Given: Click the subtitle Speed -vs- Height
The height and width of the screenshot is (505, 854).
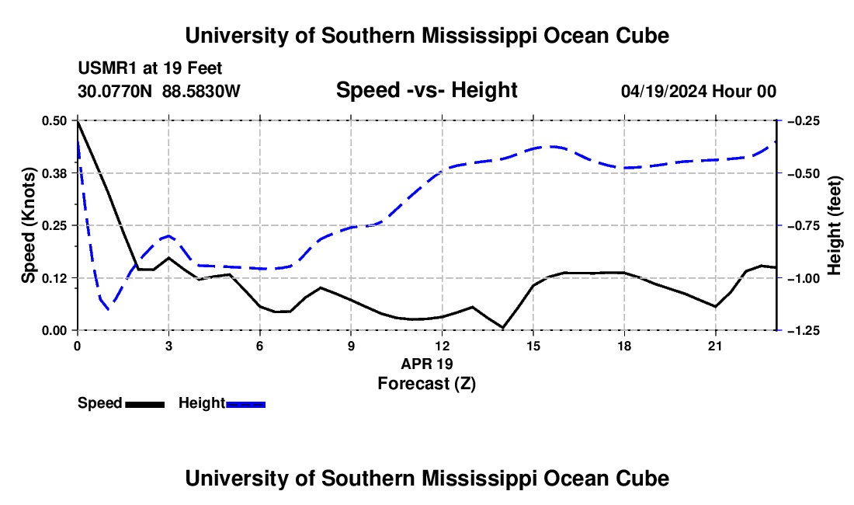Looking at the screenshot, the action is coord(426,90).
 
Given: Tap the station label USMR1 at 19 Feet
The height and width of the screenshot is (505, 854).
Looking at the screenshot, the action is coord(150,68).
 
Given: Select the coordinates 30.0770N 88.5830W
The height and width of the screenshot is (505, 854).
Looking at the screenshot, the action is coord(158,91).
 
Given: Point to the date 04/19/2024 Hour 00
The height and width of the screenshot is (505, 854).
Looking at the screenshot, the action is coord(698,91).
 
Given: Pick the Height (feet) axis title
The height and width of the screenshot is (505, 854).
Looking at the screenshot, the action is coord(834,225).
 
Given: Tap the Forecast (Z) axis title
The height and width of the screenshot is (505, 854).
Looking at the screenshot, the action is coord(427,384).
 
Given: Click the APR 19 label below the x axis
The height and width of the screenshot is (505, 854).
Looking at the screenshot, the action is coord(427,364).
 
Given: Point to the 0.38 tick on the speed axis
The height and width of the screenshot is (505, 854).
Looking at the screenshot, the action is coord(54,173).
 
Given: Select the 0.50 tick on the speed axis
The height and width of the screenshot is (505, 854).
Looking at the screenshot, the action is coord(54,120).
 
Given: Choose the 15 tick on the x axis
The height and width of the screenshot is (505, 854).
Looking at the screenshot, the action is coord(533,346).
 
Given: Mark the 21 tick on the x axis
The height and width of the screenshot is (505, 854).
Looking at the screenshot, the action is coord(715,346).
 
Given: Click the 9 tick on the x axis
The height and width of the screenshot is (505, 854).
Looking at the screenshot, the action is coord(351,346).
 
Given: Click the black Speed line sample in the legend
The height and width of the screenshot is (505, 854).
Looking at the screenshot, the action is coord(145,404).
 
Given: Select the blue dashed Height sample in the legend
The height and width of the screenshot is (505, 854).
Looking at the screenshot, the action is coord(245,404).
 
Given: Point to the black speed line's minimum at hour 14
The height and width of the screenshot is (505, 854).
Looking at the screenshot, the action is coord(503,327).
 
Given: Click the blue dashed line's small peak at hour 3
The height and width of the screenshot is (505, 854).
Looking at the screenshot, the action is coord(168,236).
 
